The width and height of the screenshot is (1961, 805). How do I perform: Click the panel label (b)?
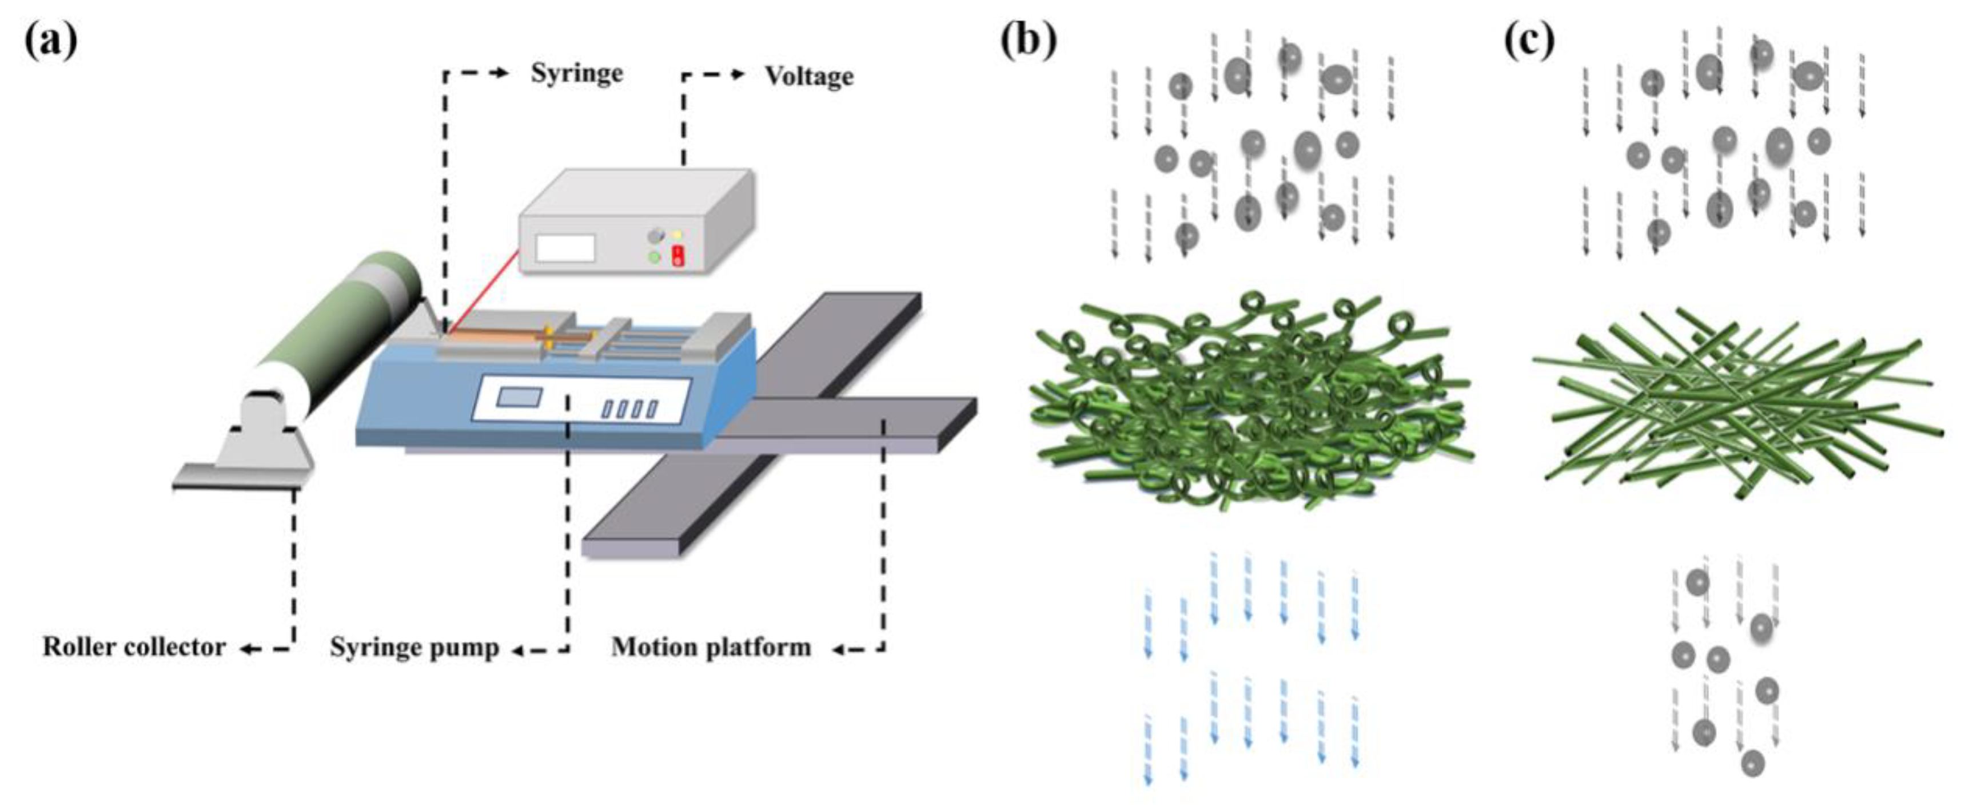(1028, 39)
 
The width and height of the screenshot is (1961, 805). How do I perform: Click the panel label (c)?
(1530, 39)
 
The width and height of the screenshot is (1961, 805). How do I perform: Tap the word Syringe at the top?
(576, 74)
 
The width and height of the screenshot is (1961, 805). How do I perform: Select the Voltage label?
(808, 76)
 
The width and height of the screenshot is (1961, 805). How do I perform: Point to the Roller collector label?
(134, 647)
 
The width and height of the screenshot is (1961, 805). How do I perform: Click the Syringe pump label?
(414, 648)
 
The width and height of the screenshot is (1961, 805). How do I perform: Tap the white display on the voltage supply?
(565, 248)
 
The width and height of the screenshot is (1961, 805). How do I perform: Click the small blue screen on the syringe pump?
(519, 397)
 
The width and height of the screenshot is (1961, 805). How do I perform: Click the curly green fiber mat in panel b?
(1249, 400)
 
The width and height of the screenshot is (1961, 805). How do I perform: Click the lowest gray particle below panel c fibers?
(1752, 762)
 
